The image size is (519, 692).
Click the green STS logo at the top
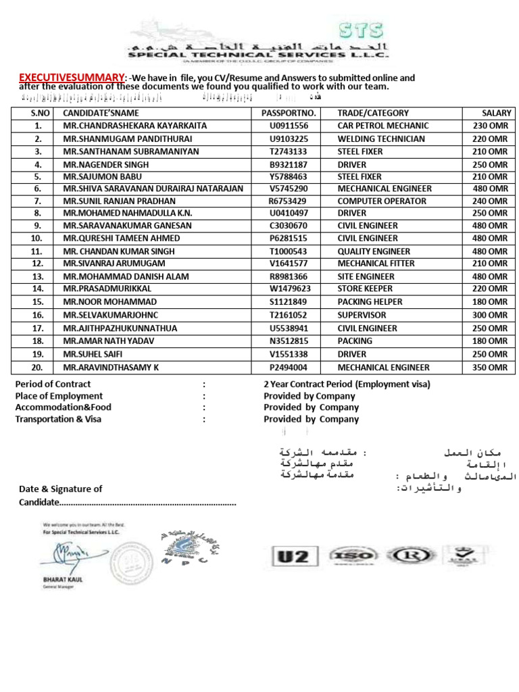[362, 30]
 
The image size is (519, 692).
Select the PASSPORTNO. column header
[289, 114]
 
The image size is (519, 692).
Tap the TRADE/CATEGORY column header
[373, 114]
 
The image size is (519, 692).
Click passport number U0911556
[289, 126]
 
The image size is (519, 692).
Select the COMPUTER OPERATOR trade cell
[382, 201]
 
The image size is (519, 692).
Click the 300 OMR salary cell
[490, 315]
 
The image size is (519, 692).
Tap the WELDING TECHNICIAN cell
[381, 139]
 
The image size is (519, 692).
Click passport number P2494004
[289, 368]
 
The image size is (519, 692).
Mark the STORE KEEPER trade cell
[365, 289]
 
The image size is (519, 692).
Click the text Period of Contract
[53, 384]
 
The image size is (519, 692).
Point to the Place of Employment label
[59, 396]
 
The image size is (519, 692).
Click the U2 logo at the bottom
[292, 556]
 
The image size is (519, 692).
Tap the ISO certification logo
[352, 555]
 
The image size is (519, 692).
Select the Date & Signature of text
[61, 489]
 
